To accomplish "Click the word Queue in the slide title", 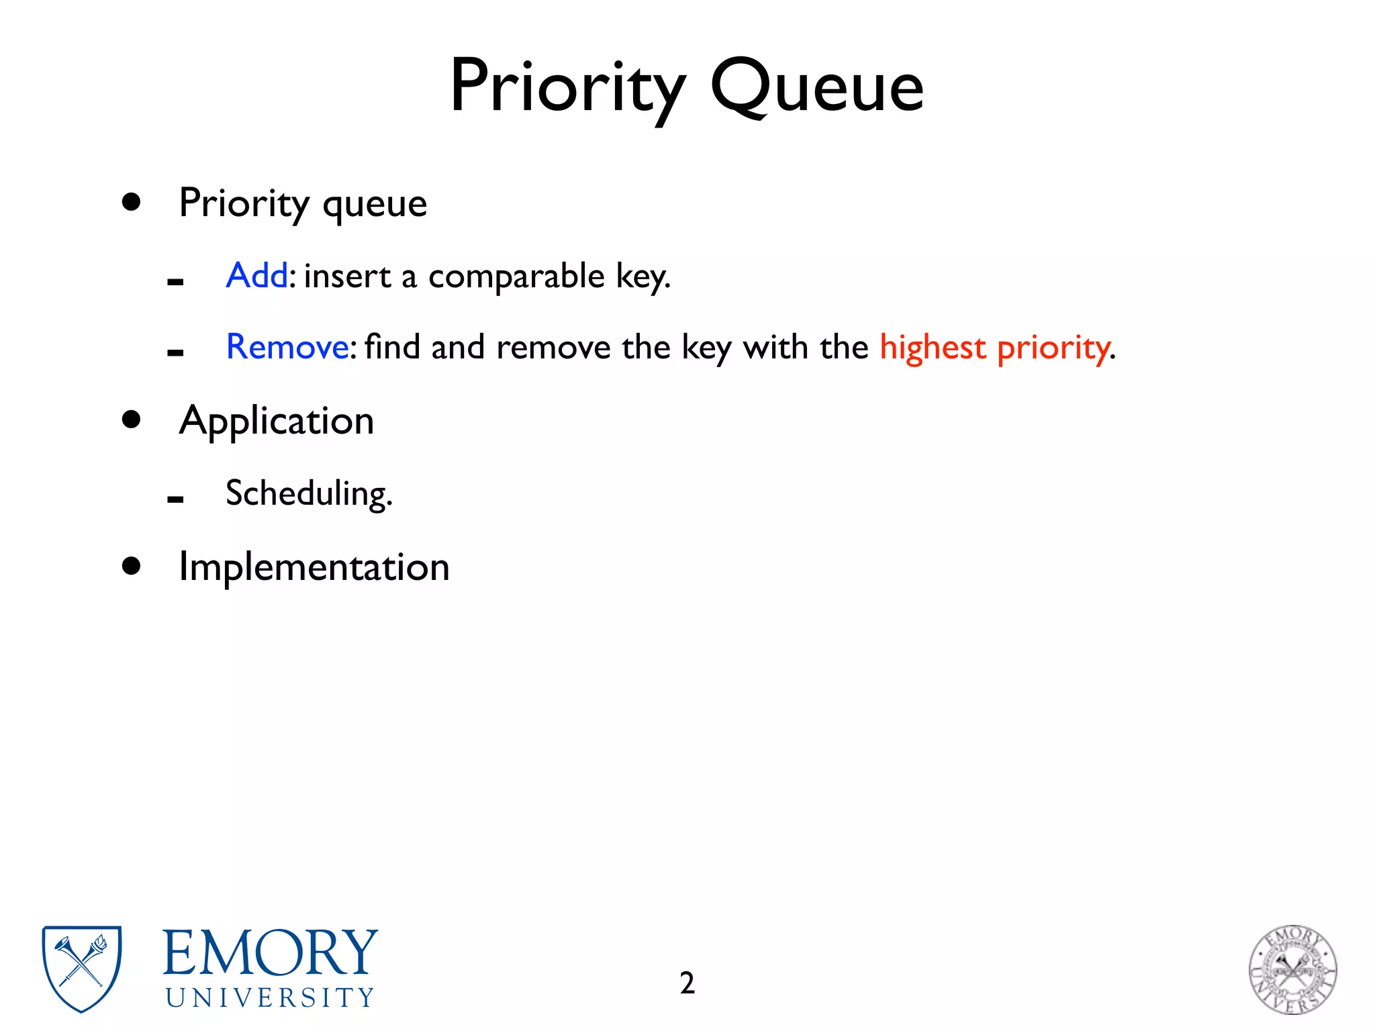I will click(x=816, y=87).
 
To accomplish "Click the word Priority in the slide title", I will click(x=567, y=87).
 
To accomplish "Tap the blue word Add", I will click(x=257, y=275).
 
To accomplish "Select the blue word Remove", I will click(x=287, y=347).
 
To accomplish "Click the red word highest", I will click(x=933, y=348).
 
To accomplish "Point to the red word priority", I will click(x=1053, y=348).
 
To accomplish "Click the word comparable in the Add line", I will click(x=516, y=277).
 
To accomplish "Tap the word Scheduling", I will click(x=308, y=494).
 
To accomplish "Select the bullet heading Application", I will click(x=277, y=422).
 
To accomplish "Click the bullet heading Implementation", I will click(x=314, y=567).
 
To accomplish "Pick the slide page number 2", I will click(x=687, y=983).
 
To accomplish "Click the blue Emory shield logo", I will click(x=82, y=967).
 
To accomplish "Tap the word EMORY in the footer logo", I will click(x=270, y=953).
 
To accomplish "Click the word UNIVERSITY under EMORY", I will click(x=270, y=998).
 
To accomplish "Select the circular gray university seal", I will click(x=1292, y=969).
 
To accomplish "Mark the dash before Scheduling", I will click(x=175, y=499).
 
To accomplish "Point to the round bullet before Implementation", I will click(x=132, y=566).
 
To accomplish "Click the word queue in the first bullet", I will click(x=374, y=203).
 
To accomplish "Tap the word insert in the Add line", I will click(x=347, y=277).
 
